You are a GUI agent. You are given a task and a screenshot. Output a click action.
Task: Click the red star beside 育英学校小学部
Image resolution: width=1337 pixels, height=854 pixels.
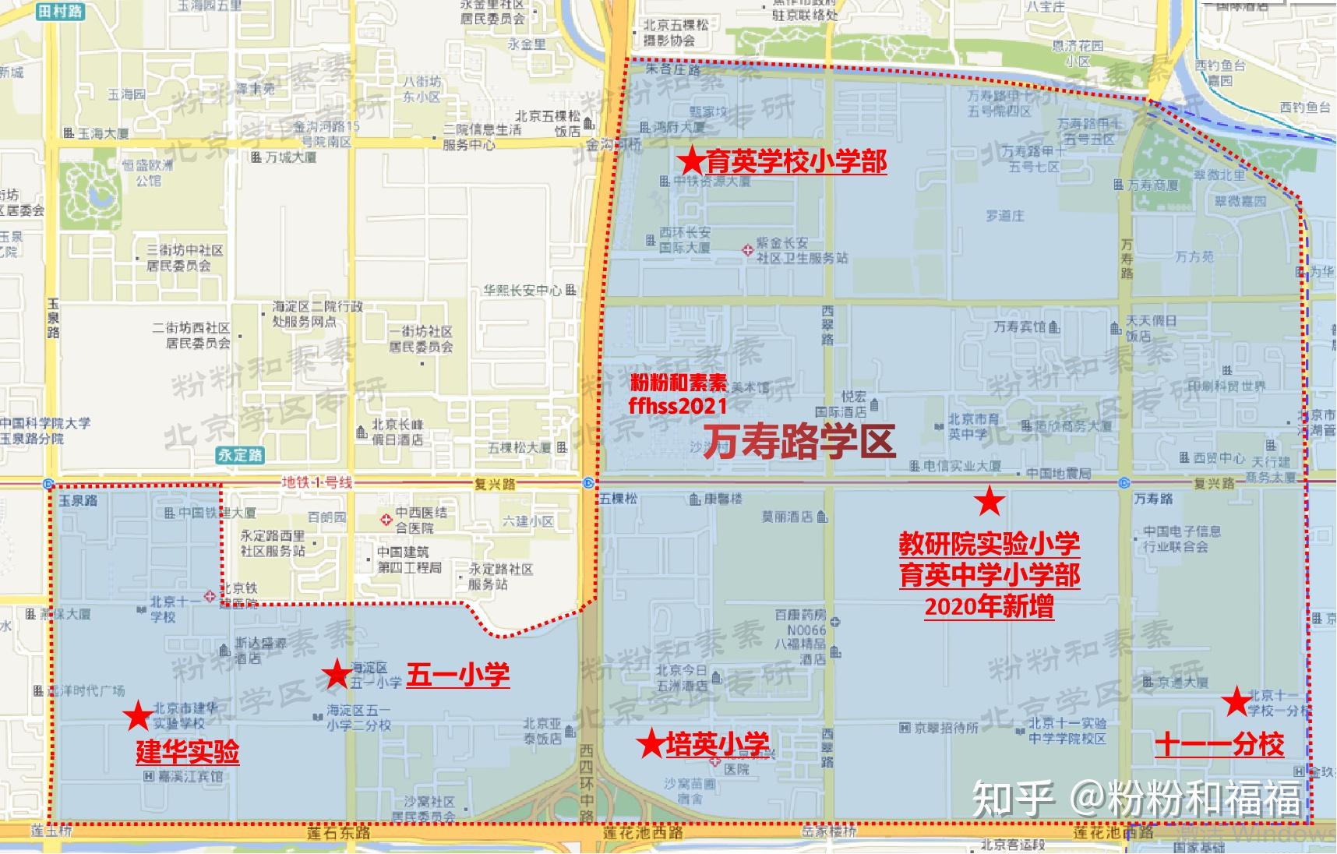click(690, 162)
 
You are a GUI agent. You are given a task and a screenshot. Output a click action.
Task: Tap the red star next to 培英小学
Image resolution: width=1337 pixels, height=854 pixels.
click(651, 744)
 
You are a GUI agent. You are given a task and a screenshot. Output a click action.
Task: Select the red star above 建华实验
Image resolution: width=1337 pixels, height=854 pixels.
click(138, 715)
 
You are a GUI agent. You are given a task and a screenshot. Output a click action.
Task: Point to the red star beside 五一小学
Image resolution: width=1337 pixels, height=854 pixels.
click(337, 674)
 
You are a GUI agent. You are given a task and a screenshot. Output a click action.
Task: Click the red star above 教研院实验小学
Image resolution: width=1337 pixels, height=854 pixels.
click(989, 502)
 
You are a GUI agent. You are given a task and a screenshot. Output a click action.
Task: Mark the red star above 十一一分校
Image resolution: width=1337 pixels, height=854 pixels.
click(1236, 702)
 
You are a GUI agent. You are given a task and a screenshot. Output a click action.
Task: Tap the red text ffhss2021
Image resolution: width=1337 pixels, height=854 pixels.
click(678, 406)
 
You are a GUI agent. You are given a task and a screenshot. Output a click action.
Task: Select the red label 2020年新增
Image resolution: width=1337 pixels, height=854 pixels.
click(989, 606)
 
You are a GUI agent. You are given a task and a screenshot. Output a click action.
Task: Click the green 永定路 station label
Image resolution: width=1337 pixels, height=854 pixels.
click(240, 455)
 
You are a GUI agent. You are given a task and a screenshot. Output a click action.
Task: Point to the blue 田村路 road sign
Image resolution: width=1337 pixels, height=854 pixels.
click(60, 11)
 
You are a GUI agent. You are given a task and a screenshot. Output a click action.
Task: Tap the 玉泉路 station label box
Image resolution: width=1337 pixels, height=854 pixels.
click(78, 500)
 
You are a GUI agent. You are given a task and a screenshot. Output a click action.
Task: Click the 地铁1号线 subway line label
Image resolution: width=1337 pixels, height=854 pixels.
click(316, 483)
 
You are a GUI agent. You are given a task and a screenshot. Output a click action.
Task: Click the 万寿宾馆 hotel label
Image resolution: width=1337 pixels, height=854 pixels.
click(1020, 326)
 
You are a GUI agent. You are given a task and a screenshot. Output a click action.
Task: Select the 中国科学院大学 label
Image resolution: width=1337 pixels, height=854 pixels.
click(45, 423)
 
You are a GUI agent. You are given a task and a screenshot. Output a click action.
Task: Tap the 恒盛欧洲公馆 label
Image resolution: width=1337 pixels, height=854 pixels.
click(148, 172)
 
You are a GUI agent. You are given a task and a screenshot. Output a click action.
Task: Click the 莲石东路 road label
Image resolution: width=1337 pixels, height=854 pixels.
click(338, 833)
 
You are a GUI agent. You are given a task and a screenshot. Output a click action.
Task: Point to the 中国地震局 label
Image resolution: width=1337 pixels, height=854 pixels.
click(1058, 473)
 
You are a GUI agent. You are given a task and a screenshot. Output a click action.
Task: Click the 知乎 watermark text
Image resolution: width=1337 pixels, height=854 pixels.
click(1013, 799)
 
